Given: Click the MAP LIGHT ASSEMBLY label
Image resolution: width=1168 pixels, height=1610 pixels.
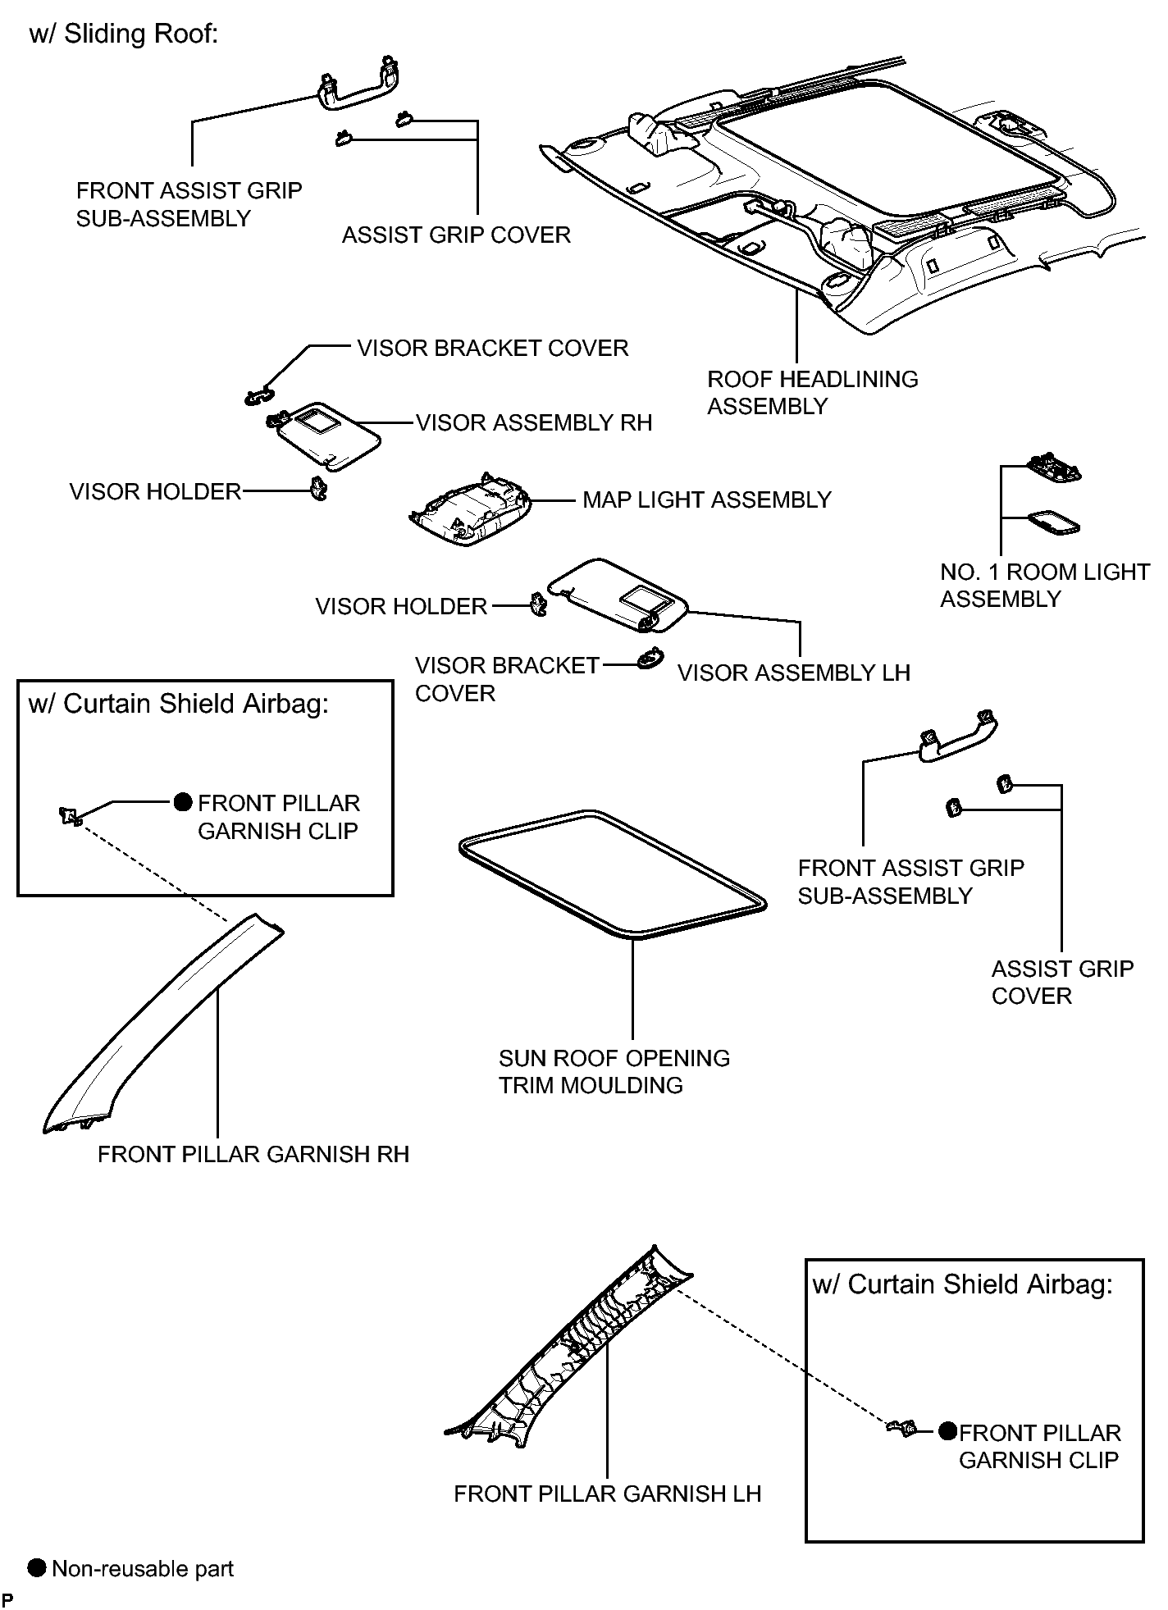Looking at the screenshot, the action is (x=706, y=499).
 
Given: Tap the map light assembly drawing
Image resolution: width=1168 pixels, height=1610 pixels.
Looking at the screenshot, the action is (x=470, y=509).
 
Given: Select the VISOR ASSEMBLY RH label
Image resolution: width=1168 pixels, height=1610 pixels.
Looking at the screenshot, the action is (x=534, y=422).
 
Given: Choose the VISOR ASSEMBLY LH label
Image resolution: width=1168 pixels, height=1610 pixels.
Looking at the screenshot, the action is (x=793, y=673).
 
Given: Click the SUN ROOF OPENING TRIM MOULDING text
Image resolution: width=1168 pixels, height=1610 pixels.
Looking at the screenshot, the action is (x=614, y=1071).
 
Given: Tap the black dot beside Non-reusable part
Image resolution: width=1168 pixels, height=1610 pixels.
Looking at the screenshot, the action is (x=37, y=1567).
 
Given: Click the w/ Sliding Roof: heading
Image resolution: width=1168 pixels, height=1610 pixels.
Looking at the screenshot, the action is (x=124, y=34).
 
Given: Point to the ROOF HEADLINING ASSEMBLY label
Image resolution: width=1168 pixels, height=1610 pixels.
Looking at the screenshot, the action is (x=812, y=392).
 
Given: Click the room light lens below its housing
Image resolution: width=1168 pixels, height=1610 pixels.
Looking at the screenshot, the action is (x=1053, y=522).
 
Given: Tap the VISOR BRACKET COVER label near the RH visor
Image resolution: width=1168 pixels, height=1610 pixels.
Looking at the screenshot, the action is (x=493, y=348).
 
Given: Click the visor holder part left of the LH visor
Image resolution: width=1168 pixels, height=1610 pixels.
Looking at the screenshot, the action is (x=537, y=605).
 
